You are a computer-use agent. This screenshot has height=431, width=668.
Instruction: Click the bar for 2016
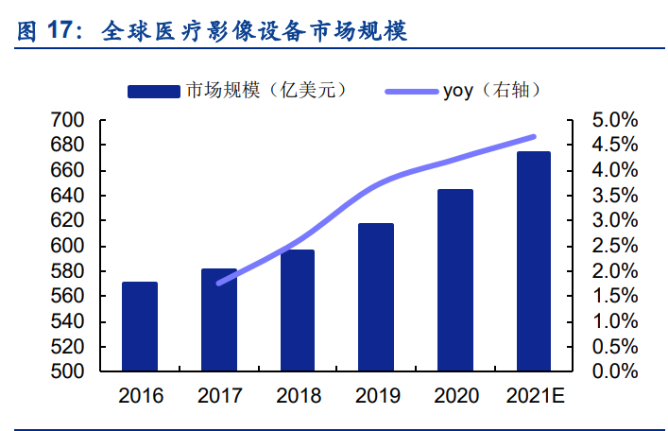[140, 326]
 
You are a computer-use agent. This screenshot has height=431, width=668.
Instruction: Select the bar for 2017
[219, 320]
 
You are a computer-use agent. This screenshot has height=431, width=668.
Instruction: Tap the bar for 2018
[298, 311]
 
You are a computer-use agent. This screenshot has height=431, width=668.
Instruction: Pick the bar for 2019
[376, 298]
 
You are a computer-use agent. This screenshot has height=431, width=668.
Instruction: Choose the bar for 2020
[455, 281]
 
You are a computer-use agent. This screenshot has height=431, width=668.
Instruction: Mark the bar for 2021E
[534, 262]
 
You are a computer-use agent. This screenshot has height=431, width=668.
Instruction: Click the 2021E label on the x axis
[534, 395]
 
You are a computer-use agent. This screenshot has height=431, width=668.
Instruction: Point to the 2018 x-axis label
[298, 395]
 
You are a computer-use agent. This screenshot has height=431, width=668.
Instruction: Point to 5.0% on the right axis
[614, 120]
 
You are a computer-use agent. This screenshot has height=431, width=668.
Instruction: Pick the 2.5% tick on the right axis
[614, 246]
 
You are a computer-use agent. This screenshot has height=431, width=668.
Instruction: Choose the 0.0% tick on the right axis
[614, 371]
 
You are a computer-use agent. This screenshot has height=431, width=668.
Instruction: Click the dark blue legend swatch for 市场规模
[154, 91]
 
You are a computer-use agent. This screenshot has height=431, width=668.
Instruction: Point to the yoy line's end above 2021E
[534, 137]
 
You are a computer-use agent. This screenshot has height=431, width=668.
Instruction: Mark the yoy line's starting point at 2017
[219, 283]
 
